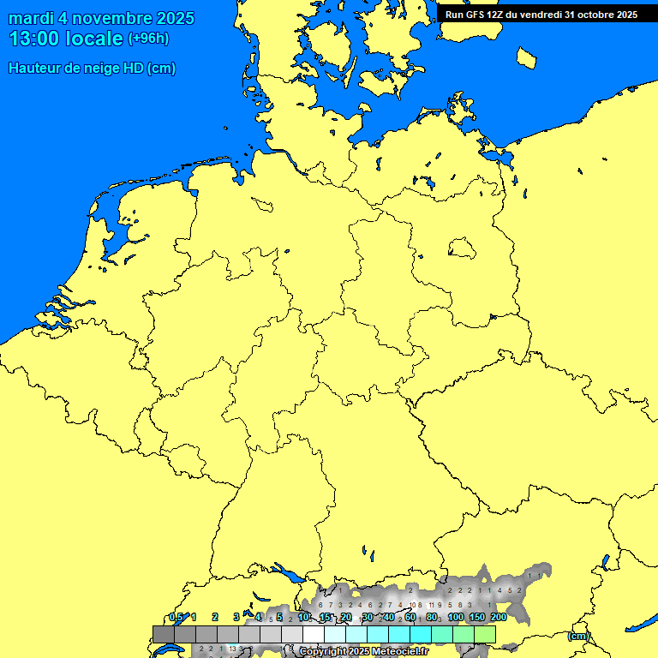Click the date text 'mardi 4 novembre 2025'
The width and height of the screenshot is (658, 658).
101,18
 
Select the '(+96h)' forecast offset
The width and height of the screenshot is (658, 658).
148,39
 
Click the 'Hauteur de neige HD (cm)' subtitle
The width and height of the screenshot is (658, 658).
92,69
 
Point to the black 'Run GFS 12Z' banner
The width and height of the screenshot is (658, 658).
541,14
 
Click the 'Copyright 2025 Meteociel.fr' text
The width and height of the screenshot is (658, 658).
363,652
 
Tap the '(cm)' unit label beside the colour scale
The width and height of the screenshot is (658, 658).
578,636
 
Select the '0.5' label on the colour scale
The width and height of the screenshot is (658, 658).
176,617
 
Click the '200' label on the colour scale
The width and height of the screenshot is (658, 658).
499,617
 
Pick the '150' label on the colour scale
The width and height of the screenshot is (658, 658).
477,617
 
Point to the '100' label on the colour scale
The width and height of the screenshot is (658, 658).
456,617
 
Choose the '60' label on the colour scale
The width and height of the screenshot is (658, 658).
410,617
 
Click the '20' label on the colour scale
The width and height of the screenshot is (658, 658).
346,617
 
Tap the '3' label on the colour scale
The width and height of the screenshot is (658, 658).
236,617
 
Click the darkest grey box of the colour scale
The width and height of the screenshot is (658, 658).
164,634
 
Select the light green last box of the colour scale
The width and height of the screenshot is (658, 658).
485,634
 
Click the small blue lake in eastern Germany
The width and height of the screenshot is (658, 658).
462,248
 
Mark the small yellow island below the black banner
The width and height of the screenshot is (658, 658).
527,57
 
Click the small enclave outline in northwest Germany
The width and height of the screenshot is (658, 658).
262,204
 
